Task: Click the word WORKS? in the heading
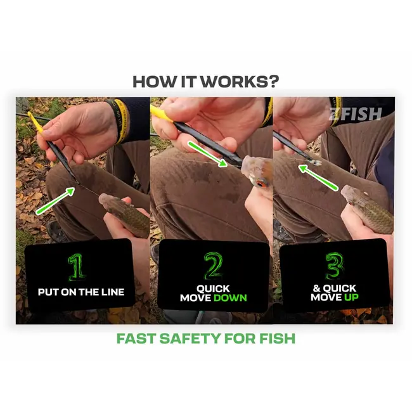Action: (x=240, y=82)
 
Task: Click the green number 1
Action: (x=77, y=267)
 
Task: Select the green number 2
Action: (x=214, y=266)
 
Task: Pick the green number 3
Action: (x=335, y=266)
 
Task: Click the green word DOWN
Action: (x=230, y=298)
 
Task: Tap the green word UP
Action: (x=351, y=297)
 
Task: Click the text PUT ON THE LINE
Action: (x=81, y=292)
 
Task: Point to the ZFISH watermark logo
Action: (x=355, y=113)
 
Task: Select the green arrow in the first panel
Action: (x=55, y=200)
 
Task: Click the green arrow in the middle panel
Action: (x=207, y=154)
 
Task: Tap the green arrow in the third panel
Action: (x=318, y=177)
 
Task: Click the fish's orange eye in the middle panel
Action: (x=261, y=184)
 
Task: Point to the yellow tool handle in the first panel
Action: (x=36, y=124)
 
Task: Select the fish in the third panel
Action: (x=368, y=207)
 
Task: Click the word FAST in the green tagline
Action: (x=136, y=338)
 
